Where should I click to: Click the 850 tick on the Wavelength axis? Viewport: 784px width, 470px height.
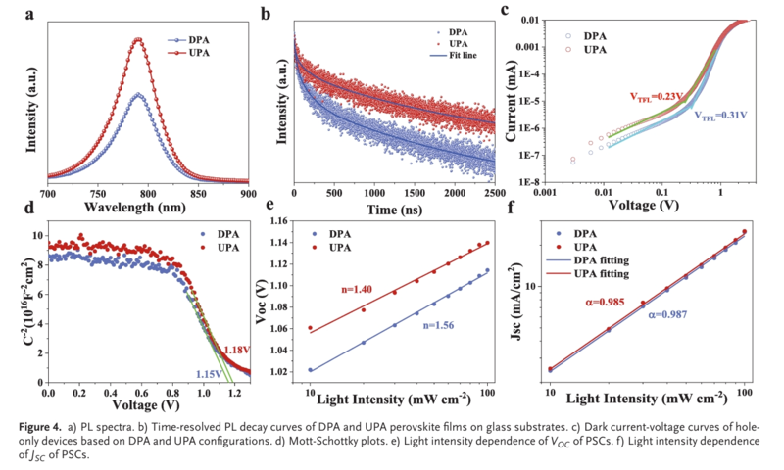coord(199,195)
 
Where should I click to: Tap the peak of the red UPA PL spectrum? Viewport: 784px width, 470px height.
coord(138,40)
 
